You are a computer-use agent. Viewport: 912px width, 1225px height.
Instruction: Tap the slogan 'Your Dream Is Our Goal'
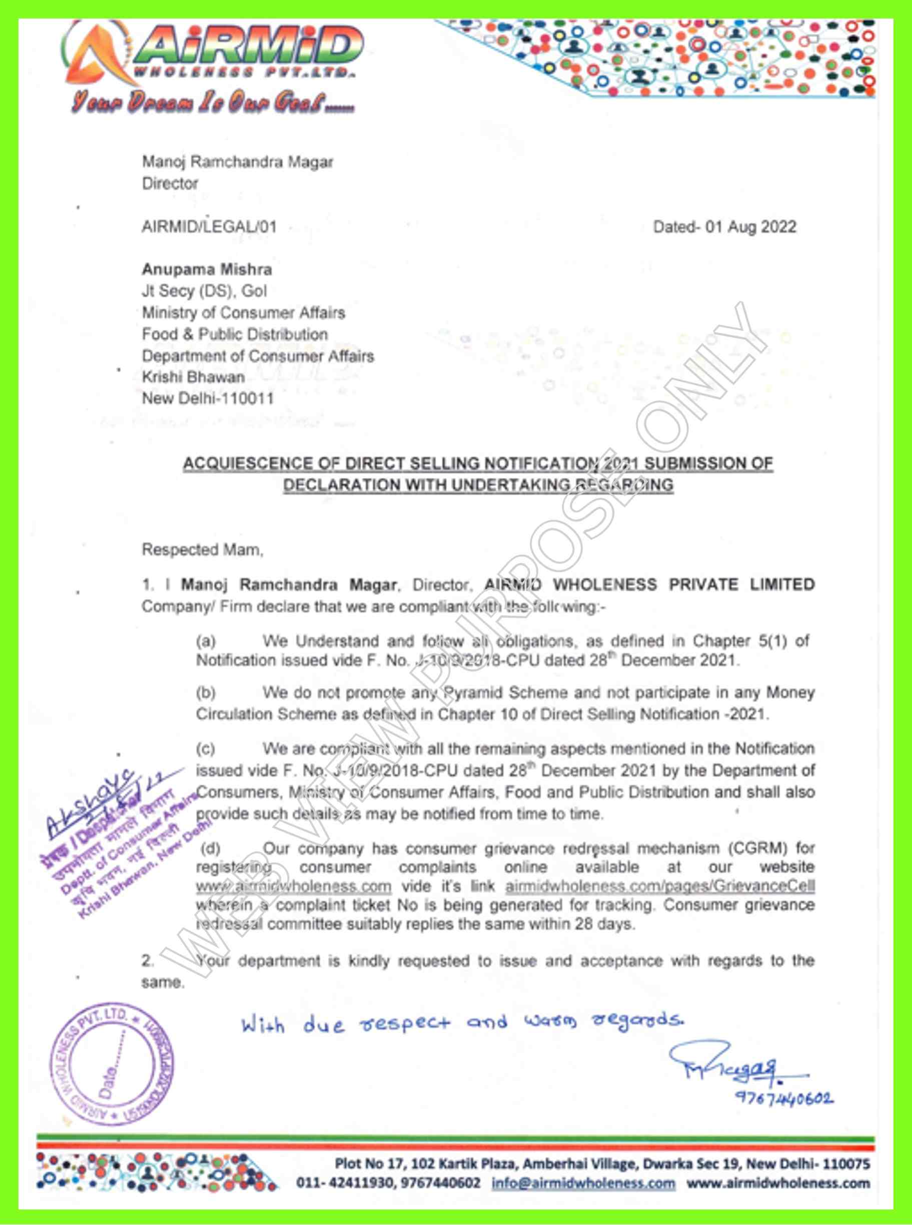pyautogui.click(x=213, y=103)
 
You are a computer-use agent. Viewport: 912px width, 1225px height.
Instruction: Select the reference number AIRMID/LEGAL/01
pyautogui.click(x=209, y=227)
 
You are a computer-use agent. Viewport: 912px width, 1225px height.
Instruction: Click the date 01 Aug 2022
pyautogui.click(x=750, y=227)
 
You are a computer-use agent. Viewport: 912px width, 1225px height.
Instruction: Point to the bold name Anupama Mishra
pyautogui.click(x=207, y=269)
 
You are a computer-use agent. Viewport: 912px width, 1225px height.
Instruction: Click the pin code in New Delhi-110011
pyautogui.click(x=246, y=399)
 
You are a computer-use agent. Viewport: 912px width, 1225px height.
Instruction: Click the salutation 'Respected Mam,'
pyautogui.click(x=203, y=549)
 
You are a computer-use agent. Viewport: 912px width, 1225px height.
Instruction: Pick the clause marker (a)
pyautogui.click(x=206, y=641)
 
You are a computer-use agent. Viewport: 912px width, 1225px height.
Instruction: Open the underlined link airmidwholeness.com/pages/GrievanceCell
pyautogui.click(x=660, y=886)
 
